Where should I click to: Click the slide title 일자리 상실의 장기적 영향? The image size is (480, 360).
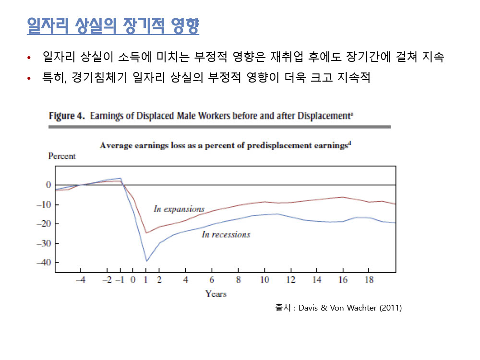[x=113, y=25]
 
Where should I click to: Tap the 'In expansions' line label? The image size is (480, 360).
[x=179, y=209]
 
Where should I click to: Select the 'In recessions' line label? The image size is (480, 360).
[x=226, y=234]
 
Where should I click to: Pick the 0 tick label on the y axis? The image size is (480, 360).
[x=48, y=185]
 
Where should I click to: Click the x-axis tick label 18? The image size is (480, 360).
[x=369, y=280]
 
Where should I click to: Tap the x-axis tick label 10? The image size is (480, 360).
[x=264, y=280]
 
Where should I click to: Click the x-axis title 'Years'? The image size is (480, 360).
[x=216, y=293]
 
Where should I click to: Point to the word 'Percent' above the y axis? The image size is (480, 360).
[x=62, y=156]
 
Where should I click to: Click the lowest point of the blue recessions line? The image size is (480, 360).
[x=146, y=261]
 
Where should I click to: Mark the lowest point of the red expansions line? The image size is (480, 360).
[x=146, y=233]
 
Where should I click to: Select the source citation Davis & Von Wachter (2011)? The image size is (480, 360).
[x=350, y=308]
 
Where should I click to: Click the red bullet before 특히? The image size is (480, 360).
[x=30, y=78]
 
